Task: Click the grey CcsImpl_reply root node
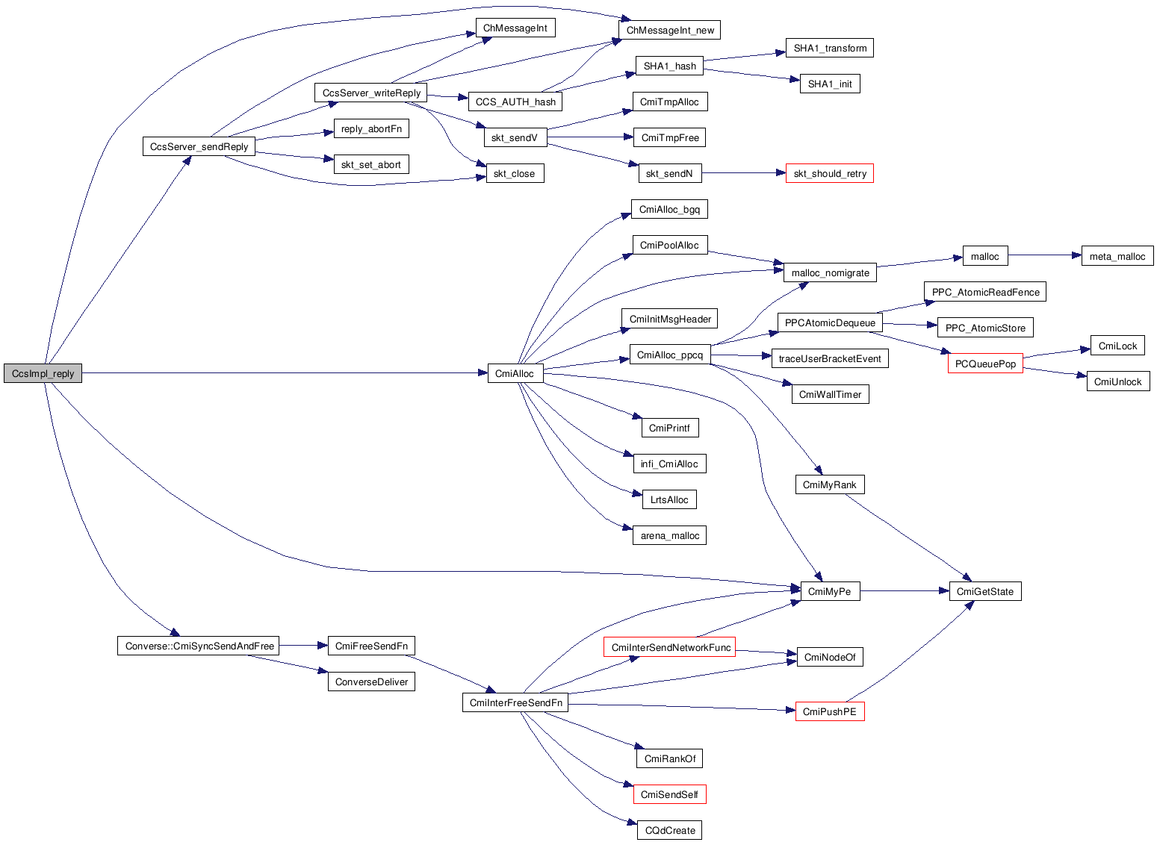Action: click(x=43, y=373)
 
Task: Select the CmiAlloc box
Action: click(x=515, y=373)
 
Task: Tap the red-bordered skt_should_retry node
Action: click(x=829, y=173)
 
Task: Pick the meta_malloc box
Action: click(x=1117, y=256)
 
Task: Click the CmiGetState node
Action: click(x=984, y=591)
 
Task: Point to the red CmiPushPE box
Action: click(x=829, y=711)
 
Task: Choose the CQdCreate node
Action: click(x=669, y=830)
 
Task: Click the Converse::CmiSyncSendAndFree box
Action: click(x=198, y=646)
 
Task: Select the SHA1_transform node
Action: click(x=829, y=48)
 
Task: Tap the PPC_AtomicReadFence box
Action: click(x=984, y=292)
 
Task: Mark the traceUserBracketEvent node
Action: click(x=829, y=358)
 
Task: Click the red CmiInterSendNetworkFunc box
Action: click(x=669, y=647)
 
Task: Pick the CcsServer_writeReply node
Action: click(x=371, y=93)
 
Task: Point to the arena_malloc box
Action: click(x=669, y=535)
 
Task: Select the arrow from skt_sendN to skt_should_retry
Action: click(x=743, y=173)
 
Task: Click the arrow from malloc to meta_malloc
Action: click(x=1044, y=255)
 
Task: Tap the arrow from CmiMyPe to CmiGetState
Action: click(x=904, y=591)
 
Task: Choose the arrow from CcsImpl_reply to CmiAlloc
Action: click(x=284, y=372)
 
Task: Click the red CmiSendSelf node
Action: click(x=669, y=794)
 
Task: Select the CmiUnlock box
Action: click(x=1117, y=381)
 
